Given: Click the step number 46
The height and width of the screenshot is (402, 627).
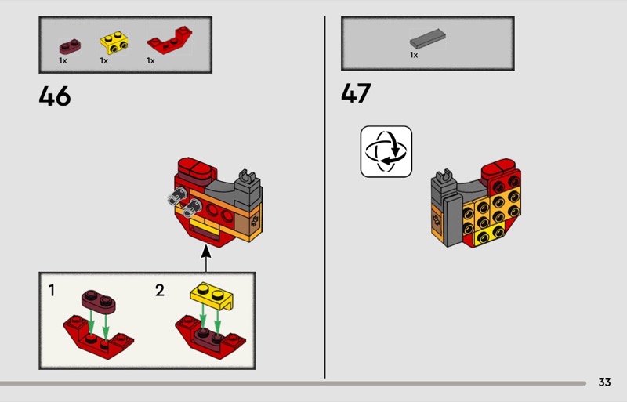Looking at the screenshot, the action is [x=55, y=96].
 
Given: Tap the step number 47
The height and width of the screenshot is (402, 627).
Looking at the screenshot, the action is [x=356, y=93].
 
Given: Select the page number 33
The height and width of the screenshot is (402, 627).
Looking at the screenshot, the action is [x=604, y=382].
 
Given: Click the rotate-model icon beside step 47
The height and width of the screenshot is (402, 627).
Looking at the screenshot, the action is [x=386, y=151].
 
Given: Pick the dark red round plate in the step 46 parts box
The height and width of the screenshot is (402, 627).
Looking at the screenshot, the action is [x=70, y=46].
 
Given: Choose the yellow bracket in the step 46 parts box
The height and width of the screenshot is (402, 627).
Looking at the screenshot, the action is [x=114, y=43].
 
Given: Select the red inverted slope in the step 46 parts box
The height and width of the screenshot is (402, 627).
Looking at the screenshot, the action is [x=169, y=40].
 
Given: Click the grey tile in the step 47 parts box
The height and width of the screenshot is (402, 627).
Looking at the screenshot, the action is [x=427, y=39].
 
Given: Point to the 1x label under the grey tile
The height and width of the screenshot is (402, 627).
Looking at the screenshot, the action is [x=414, y=55].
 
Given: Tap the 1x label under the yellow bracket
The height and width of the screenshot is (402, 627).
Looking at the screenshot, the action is [x=104, y=60].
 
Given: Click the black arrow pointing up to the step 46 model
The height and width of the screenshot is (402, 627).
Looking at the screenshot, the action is [x=206, y=259].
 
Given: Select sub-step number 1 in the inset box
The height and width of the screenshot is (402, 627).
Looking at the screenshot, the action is [x=52, y=291].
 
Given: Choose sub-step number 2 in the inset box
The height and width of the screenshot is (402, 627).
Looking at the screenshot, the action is [x=160, y=291].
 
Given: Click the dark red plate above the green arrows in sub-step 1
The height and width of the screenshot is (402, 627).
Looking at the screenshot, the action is [x=99, y=302].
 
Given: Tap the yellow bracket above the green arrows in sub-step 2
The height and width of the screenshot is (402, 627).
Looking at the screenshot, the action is [x=212, y=296].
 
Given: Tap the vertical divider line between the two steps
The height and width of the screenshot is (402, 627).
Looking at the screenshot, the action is [x=324, y=197].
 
